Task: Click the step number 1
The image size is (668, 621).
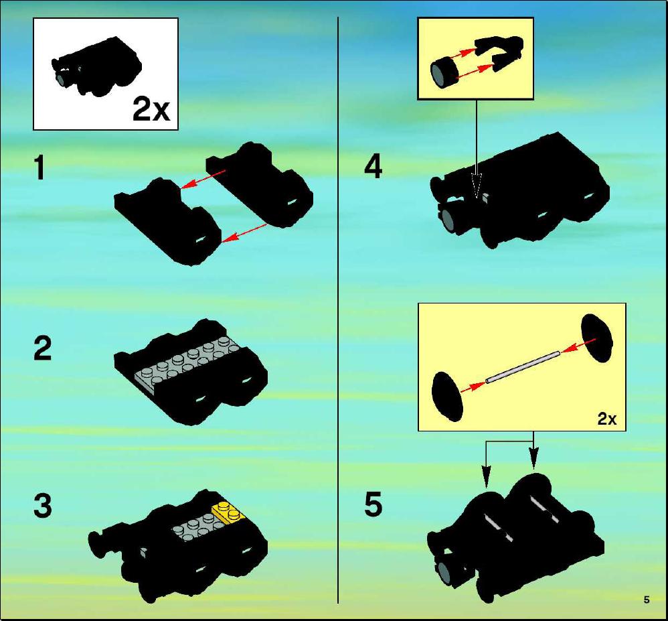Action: (39, 167)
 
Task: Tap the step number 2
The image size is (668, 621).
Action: (43, 348)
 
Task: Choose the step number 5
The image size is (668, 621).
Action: (373, 504)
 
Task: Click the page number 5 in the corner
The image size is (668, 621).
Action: (647, 600)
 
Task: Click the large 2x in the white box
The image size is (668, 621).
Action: (151, 109)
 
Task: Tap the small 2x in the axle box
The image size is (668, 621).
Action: (606, 419)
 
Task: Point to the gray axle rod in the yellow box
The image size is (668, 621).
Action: (522, 366)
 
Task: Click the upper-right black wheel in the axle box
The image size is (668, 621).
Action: (596, 338)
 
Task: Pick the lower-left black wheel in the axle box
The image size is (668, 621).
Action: (447, 397)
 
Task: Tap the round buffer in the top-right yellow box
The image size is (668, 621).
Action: (444, 73)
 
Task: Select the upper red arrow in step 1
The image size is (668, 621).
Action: (203, 179)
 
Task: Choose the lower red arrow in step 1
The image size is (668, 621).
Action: (244, 233)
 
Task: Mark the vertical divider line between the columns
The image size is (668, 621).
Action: (338, 310)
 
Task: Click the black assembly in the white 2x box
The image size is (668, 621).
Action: (96, 68)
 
